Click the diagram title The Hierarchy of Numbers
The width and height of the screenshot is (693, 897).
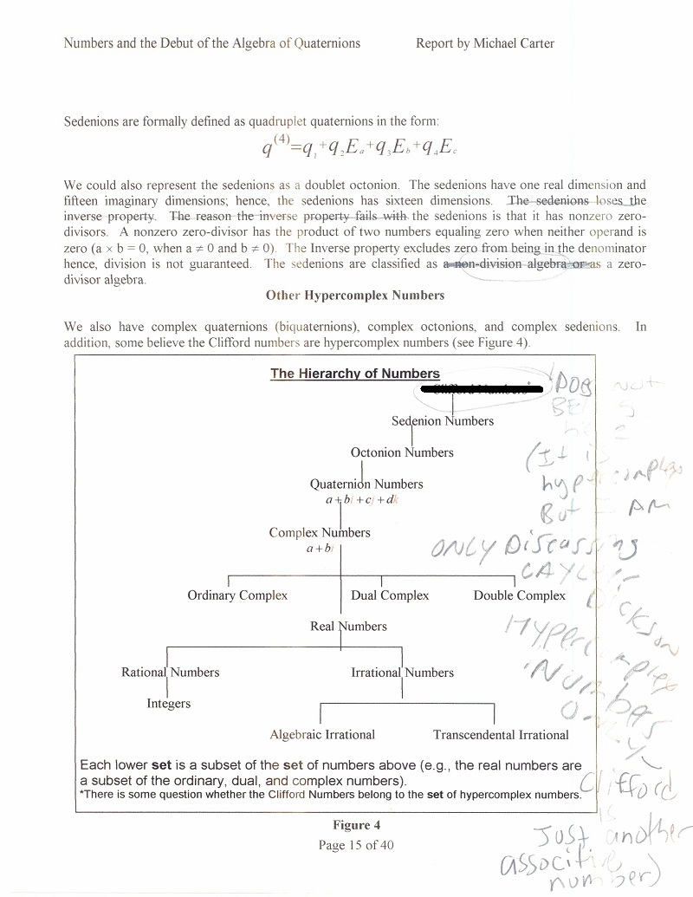355,374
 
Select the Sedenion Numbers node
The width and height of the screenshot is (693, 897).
443,421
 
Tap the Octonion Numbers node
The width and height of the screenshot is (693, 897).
402,452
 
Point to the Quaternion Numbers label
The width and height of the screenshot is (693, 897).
366,484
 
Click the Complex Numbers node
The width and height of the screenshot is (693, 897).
320,532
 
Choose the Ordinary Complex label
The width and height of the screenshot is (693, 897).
237,595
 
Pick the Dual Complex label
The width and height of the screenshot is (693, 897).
390,595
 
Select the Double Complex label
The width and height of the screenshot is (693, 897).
520,595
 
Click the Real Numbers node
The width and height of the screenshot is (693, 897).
348,627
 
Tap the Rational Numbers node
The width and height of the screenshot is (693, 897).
171,673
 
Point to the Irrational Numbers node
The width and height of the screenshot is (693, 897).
402,673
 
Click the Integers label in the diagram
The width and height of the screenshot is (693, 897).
169,704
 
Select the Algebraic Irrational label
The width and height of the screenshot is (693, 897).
322,735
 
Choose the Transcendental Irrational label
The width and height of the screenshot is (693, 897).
501,735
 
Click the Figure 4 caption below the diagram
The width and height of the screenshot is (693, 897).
356,825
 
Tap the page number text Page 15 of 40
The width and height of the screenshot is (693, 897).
356,845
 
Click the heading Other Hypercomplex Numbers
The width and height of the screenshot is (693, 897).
355,295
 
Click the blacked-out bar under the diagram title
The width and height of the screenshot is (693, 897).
482,389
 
